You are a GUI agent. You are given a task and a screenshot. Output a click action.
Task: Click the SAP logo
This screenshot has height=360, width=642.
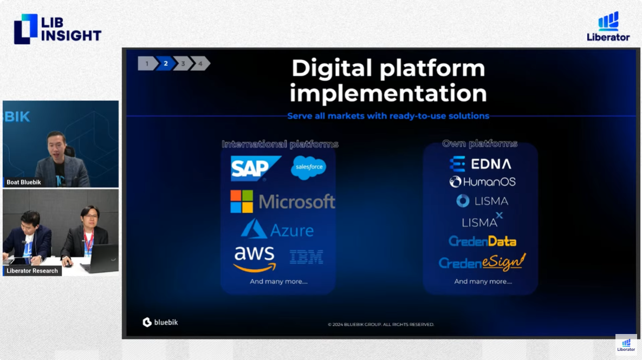(x=256, y=168)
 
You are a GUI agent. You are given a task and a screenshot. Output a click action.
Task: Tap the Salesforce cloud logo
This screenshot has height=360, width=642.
(x=309, y=167)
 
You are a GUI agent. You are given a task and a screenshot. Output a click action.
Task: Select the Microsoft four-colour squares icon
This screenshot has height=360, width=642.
(x=242, y=201)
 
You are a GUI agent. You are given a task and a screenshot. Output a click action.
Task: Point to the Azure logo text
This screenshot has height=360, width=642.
(x=292, y=231)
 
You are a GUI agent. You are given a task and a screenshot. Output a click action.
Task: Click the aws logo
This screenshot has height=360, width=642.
(x=254, y=259)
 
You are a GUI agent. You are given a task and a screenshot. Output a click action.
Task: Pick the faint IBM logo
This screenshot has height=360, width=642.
(x=306, y=257)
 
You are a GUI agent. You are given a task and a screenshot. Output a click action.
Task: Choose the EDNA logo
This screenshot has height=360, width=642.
(x=480, y=164)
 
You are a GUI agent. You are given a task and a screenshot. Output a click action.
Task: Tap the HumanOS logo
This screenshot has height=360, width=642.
(x=482, y=182)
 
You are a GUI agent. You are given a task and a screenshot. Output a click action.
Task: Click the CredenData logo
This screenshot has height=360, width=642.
(x=482, y=241)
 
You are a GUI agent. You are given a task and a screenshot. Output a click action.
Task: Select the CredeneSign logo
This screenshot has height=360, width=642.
(x=482, y=262)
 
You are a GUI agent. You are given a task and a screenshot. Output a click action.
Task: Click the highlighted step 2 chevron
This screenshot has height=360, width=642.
(x=166, y=63)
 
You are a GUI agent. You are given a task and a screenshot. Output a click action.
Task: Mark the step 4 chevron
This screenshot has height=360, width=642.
(x=200, y=63)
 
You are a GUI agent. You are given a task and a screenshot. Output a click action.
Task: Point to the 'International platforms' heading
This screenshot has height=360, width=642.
(x=280, y=144)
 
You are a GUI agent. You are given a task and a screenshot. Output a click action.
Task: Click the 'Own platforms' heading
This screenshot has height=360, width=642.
(x=479, y=143)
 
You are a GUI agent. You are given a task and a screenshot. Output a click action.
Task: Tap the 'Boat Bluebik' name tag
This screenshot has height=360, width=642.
(x=23, y=182)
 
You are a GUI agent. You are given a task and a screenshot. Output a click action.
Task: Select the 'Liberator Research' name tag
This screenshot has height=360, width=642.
(x=33, y=271)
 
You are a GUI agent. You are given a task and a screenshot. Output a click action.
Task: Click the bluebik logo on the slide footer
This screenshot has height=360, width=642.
(x=160, y=322)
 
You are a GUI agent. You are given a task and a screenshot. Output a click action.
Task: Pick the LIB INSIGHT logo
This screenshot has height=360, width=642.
(x=57, y=29)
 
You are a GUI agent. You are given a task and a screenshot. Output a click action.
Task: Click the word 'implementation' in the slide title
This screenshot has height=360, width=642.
(x=388, y=93)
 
